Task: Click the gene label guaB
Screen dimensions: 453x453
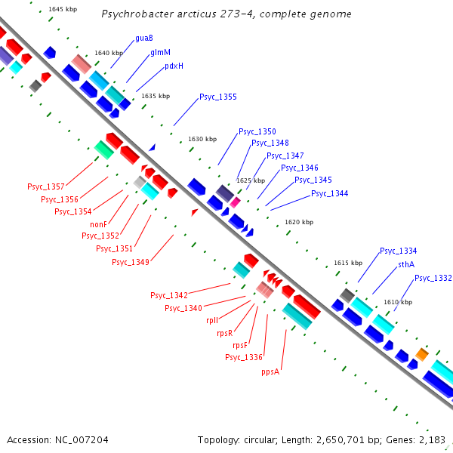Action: pos(144,38)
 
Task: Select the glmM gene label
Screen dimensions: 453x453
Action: pos(160,52)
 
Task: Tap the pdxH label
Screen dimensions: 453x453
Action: pos(174,66)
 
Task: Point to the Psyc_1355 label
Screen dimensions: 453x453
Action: pos(217,97)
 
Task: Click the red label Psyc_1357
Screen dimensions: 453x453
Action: pos(46,186)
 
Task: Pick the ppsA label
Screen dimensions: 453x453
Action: pos(270,371)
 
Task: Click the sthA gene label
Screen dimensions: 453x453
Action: pos(406,265)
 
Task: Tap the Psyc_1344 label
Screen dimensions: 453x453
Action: pos(329,194)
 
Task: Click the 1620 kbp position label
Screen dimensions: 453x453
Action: pos(298,222)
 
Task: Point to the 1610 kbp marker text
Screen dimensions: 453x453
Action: pos(398,302)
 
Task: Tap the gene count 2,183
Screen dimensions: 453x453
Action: pos(432,439)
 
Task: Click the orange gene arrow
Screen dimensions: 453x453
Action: pos(422,353)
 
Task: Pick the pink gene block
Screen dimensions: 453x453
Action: pos(236,202)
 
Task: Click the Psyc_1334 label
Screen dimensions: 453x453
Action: pos(398,251)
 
